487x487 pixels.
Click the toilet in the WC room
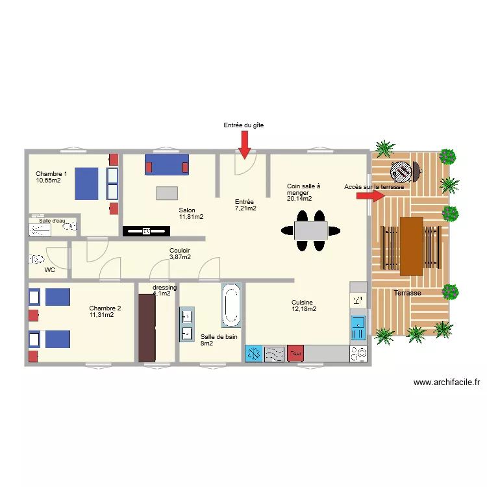click(36, 259)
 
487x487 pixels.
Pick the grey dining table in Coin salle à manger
click(310, 231)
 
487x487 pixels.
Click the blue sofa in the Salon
click(167, 164)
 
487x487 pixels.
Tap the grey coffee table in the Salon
click(167, 193)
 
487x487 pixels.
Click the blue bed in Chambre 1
click(86, 184)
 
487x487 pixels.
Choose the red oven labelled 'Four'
click(295, 353)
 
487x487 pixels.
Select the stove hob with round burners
click(358, 354)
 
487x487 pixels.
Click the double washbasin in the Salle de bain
click(187, 324)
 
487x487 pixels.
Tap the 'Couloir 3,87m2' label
click(180, 254)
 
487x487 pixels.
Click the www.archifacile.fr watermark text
click(446, 383)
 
